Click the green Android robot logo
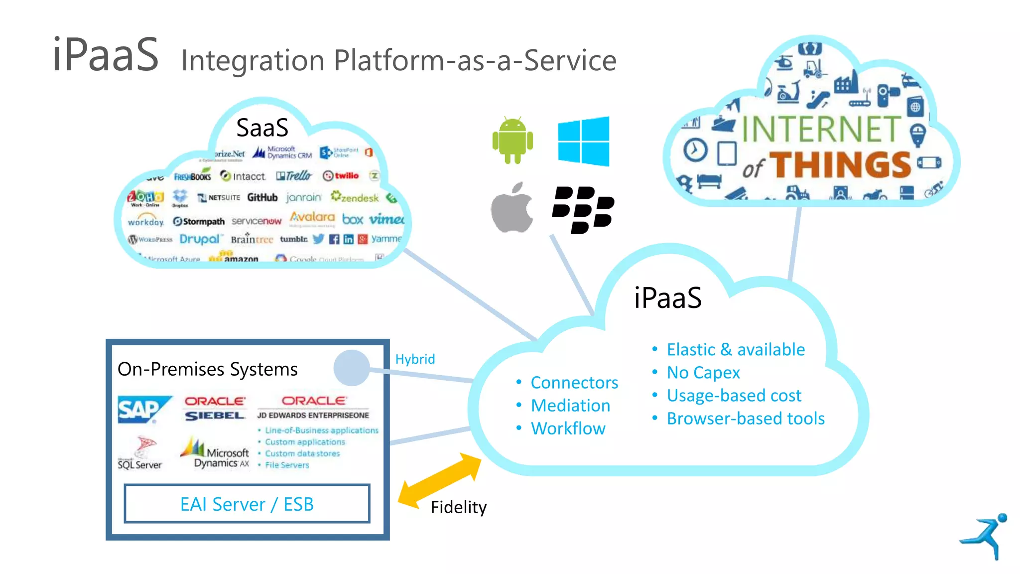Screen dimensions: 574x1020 tap(512, 141)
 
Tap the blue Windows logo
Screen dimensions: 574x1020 tap(583, 141)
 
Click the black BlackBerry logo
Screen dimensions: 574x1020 tap(583, 209)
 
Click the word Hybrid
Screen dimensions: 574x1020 tap(415, 359)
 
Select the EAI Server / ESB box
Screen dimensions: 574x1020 tap(247, 504)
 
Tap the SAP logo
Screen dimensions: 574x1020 tap(142, 410)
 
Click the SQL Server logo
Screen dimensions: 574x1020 tap(140, 453)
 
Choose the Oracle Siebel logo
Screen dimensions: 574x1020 tap(215, 409)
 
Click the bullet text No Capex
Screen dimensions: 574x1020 tap(703, 373)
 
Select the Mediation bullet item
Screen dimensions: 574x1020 tap(570, 406)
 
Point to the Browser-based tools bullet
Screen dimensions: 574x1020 tap(746, 419)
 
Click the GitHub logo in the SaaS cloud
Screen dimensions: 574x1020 tap(262, 198)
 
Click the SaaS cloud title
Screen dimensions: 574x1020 tap(262, 128)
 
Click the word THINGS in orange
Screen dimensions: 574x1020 tap(841, 165)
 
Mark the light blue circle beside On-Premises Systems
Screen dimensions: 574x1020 tap(352, 368)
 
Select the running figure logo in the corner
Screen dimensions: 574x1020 tap(985, 536)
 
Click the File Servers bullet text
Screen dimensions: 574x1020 tap(287, 465)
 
